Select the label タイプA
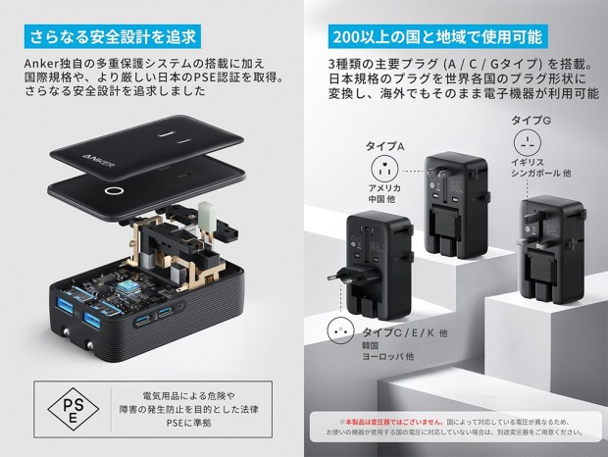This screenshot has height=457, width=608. click(385, 145)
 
